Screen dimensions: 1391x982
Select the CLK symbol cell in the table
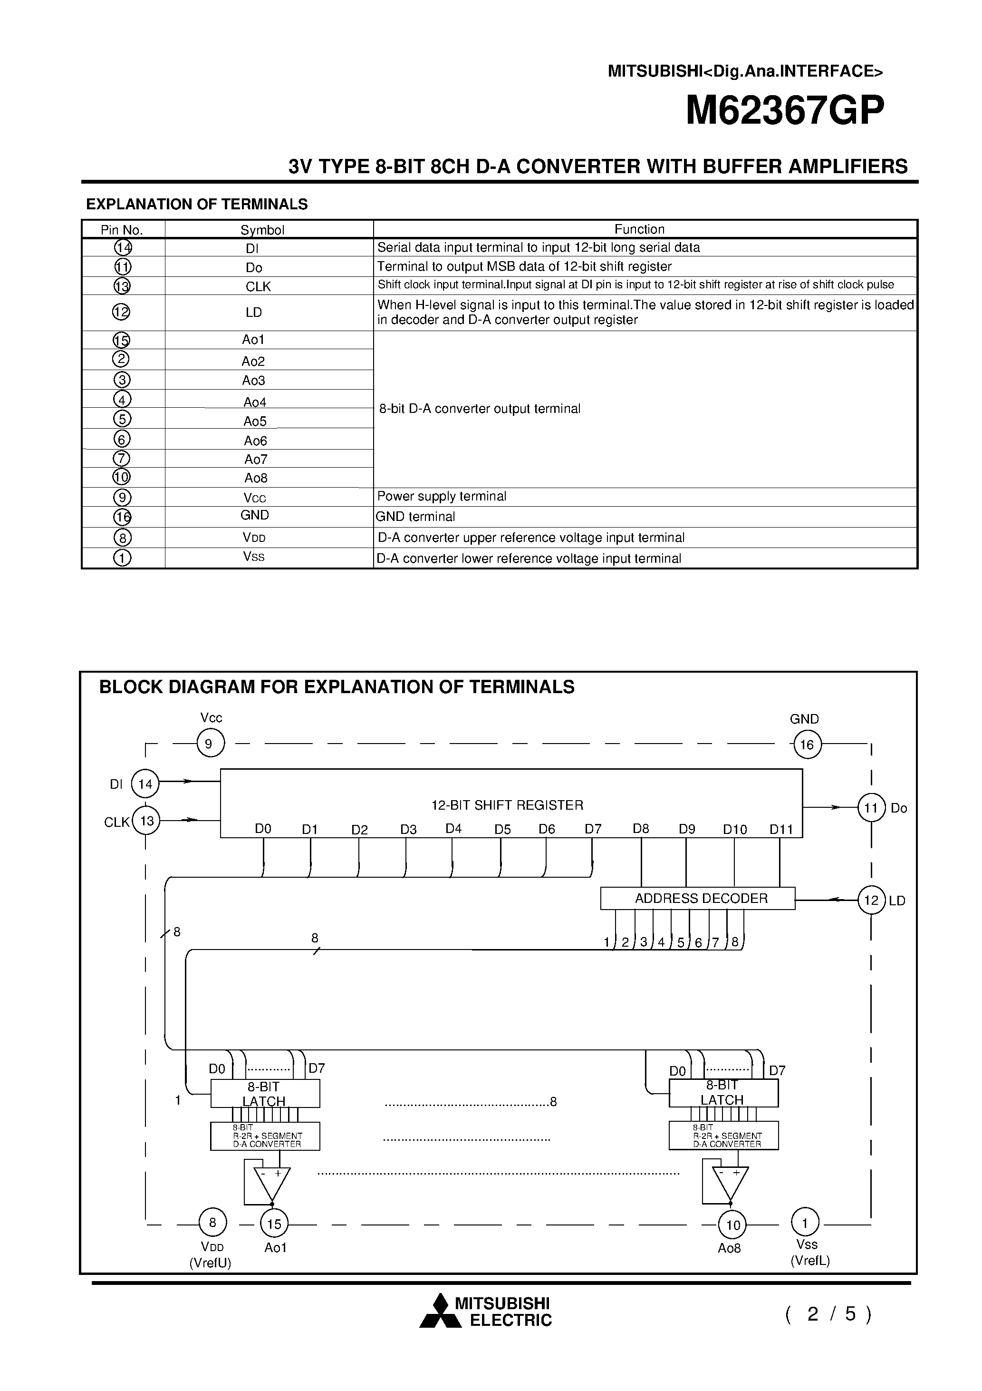coord(258,286)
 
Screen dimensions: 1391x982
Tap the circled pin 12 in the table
coord(122,312)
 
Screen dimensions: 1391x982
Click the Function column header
coord(639,229)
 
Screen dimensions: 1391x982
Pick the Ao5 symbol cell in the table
coord(255,421)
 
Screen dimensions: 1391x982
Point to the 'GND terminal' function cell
coord(415,516)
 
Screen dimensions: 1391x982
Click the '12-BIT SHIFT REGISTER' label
coord(507,805)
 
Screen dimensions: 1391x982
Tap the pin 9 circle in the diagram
coord(210,744)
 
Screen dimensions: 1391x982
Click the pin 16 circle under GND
coord(807,744)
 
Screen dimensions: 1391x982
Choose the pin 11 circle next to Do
coord(871,808)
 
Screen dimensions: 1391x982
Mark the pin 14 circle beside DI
coord(145,784)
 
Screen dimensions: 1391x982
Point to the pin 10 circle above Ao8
coord(732,1225)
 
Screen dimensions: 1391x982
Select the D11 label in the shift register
coord(781,829)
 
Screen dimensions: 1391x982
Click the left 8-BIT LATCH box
coord(265,1094)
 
